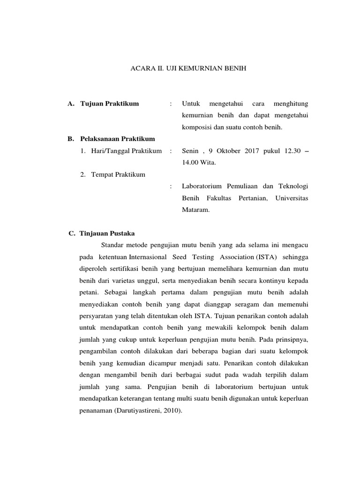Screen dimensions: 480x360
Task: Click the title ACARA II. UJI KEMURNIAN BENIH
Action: [187, 68]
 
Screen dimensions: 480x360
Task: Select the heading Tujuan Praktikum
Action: [110, 104]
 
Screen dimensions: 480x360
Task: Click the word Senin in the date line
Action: [190, 151]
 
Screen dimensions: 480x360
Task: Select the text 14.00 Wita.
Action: [199, 163]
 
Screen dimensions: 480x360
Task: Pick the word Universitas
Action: [292, 198]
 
